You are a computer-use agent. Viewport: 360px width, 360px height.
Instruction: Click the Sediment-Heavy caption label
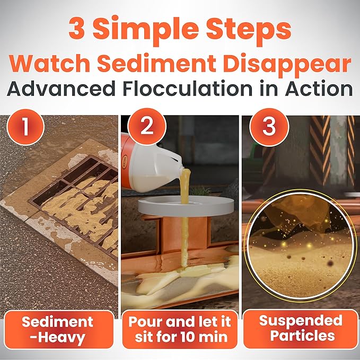59,329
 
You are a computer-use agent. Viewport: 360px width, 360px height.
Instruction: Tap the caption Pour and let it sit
179,329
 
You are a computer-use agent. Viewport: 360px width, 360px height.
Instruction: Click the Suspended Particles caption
300,328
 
